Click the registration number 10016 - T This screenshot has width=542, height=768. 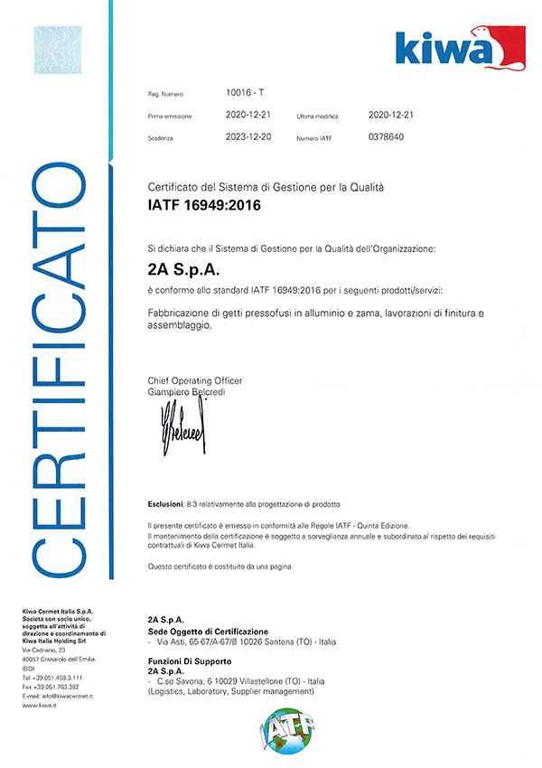tap(245, 92)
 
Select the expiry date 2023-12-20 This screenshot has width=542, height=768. tap(247, 137)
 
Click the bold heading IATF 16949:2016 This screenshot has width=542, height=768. tap(203, 206)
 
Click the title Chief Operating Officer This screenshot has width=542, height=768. tap(194, 380)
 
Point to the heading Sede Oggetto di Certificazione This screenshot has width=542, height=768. tap(208, 630)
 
